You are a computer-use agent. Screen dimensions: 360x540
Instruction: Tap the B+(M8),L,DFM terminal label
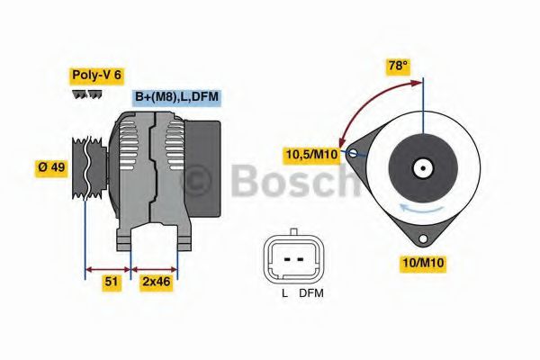(x=176, y=97)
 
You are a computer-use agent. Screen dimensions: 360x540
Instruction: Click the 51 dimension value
(x=112, y=282)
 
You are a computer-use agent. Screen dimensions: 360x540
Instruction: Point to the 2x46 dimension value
(x=155, y=282)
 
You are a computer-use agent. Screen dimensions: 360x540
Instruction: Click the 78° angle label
(x=397, y=66)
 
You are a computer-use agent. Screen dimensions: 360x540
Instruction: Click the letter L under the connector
(x=285, y=293)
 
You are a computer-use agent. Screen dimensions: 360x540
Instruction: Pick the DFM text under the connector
(x=310, y=293)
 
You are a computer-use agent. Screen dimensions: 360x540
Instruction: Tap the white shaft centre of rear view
(x=422, y=167)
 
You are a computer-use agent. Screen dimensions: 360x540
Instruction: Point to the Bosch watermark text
(x=297, y=183)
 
